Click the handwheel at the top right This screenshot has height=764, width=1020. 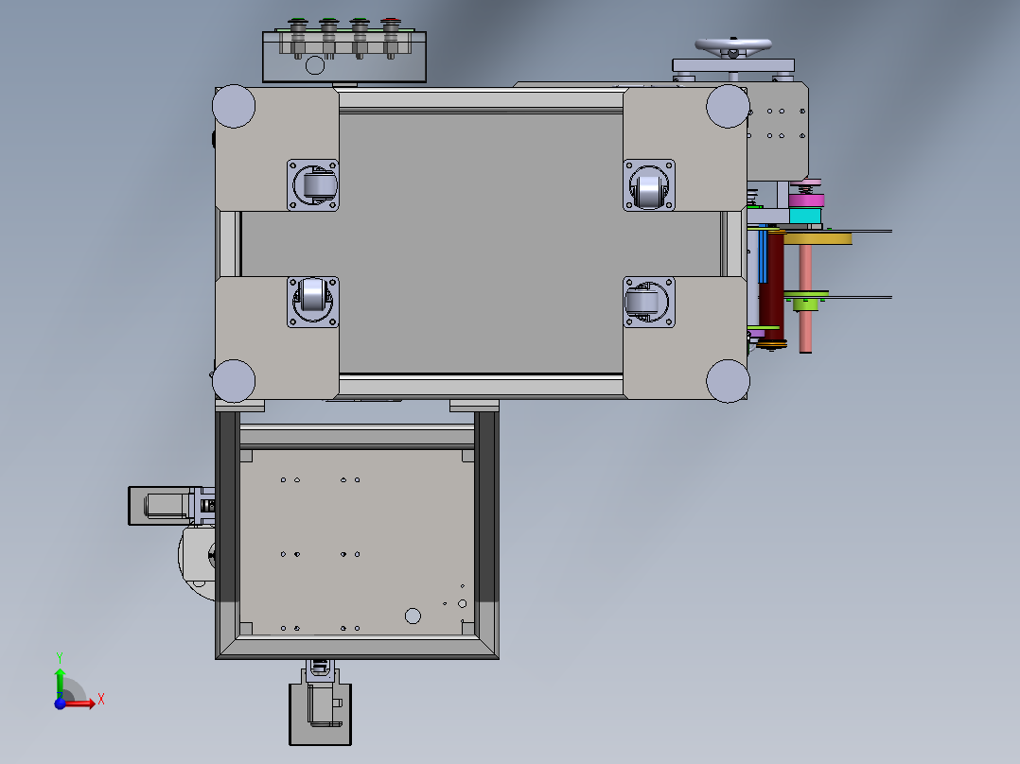pos(733,45)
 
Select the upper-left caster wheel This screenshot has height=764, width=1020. pos(313,185)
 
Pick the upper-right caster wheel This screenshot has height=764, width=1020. pos(648,185)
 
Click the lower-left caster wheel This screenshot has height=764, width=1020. pos(313,302)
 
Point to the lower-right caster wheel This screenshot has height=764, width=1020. pos(648,302)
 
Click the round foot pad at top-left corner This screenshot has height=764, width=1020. pos(234,106)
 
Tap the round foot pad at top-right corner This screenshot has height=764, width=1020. pos(728,106)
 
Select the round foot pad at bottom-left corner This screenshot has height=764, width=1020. pos(234,381)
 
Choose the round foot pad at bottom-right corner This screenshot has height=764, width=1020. pos(728,381)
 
